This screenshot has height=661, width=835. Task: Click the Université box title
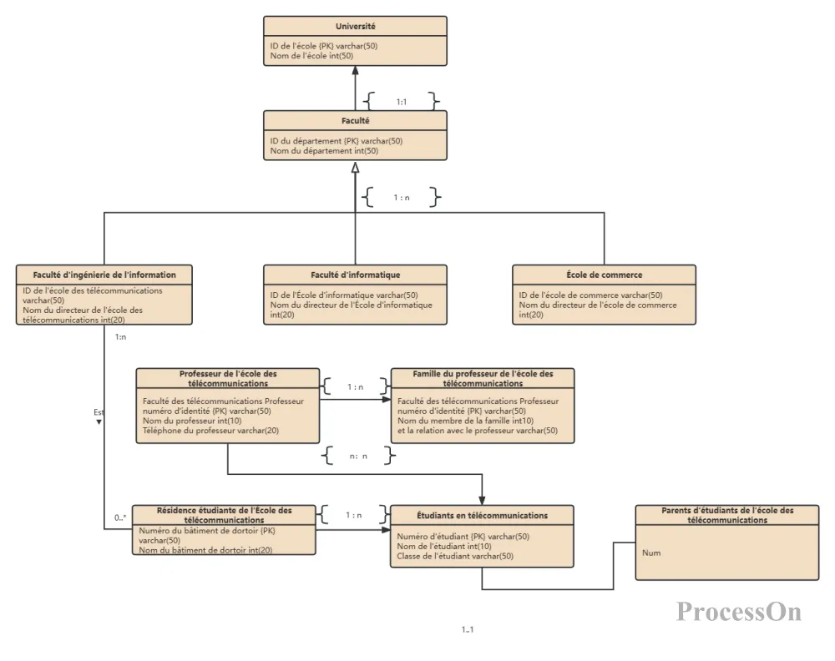click(x=355, y=26)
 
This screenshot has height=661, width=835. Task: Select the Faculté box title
click(x=355, y=121)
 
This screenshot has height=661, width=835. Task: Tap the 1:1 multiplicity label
click(x=402, y=102)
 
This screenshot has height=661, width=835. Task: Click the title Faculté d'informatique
click(x=355, y=275)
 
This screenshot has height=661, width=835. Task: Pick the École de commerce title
click(x=604, y=275)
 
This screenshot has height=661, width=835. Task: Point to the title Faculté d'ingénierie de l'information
click(x=104, y=275)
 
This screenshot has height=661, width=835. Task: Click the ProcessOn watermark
click(x=739, y=612)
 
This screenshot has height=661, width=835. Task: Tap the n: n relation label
click(x=358, y=456)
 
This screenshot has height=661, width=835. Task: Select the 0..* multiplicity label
click(x=120, y=517)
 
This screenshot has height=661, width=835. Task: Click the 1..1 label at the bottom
click(x=468, y=629)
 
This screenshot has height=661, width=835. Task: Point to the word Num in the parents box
click(x=651, y=553)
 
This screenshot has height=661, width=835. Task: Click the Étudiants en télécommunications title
click(x=482, y=515)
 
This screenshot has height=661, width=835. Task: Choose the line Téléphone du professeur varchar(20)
click(x=210, y=431)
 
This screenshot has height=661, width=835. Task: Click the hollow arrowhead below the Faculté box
click(x=355, y=167)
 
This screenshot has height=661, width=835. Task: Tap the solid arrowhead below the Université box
click(x=355, y=70)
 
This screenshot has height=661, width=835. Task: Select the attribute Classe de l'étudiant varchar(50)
click(x=455, y=556)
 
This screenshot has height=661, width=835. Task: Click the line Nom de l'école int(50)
click(x=311, y=56)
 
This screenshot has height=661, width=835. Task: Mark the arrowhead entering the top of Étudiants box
click(x=482, y=500)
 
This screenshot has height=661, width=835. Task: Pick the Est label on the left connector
click(x=99, y=412)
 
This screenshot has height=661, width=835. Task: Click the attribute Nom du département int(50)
click(x=324, y=150)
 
